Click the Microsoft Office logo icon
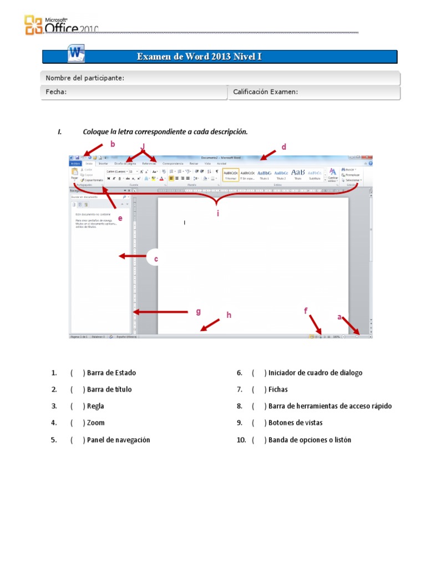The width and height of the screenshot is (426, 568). pos(33,26)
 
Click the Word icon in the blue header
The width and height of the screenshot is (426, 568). pos(76,54)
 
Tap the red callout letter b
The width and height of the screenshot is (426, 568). pos(113,145)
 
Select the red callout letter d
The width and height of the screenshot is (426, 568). pos(283,147)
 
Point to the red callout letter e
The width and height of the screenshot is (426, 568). pos(120,218)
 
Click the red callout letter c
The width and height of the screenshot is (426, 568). pos(156,259)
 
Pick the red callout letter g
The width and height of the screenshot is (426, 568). pos(199,312)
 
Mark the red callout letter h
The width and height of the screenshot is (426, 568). pos(228,316)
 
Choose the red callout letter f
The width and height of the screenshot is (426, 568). pos(306,311)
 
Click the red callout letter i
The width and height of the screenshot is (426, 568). pos(218,213)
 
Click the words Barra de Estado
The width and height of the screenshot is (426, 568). pos(111,373)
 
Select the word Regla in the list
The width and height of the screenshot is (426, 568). pos(95,406)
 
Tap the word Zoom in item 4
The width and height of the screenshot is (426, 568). pos(95,423)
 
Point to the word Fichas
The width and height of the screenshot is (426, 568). pos(278,389)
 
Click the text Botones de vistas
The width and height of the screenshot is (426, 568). pos(295,423)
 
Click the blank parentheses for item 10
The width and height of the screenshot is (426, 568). pos(259,440)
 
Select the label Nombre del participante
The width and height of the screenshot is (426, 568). pos(85,78)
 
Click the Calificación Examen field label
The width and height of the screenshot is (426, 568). pos(265,92)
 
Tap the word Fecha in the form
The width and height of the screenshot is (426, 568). pos(56,92)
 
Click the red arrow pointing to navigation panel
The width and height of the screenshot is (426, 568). pos(129,256)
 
